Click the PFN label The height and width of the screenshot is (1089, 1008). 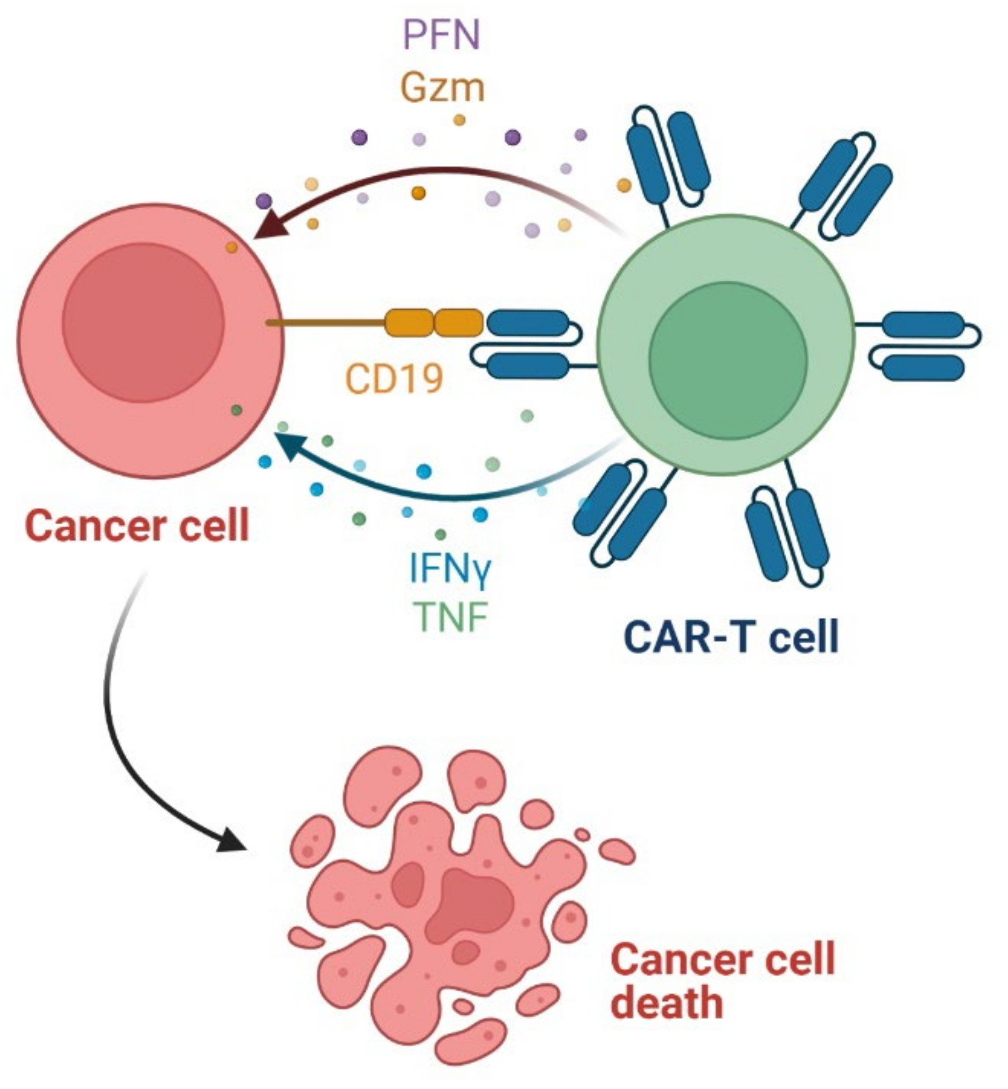tap(442, 35)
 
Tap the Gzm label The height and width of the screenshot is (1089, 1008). tap(442, 88)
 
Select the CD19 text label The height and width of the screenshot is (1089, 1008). tap(394, 378)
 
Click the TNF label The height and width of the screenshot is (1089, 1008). tap(450, 616)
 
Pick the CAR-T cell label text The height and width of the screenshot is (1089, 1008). tap(730, 637)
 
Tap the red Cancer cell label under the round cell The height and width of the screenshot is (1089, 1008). tap(137, 526)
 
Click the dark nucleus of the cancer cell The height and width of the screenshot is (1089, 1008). tap(143, 323)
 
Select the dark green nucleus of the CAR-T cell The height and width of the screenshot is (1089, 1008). tap(728, 360)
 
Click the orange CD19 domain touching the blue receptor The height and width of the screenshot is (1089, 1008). tap(458, 323)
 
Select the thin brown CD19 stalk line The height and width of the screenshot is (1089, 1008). tap(326, 323)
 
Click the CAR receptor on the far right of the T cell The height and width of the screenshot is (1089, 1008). tap(923, 346)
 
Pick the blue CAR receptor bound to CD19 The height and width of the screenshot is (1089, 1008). tap(528, 344)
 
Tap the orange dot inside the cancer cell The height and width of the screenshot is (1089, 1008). tap(231, 247)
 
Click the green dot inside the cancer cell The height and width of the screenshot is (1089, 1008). tap(237, 410)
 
